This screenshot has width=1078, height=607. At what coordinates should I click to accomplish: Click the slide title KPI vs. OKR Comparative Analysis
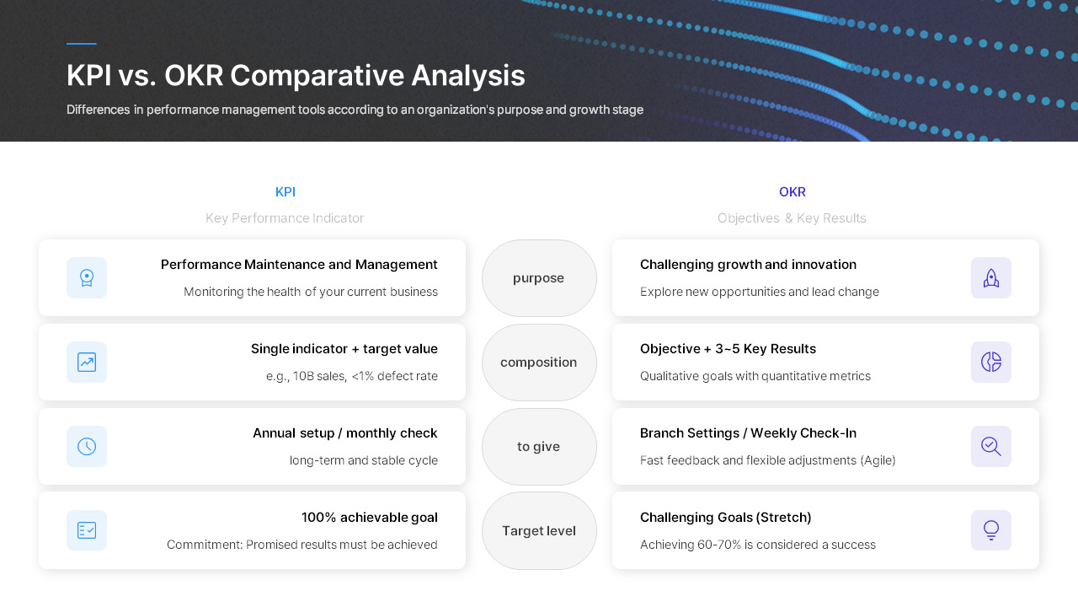tap(296, 76)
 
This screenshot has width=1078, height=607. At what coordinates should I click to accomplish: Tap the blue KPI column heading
tap(286, 192)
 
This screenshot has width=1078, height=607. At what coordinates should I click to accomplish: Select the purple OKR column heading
tap(792, 192)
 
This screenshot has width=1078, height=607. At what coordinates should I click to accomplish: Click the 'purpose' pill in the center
tap(539, 278)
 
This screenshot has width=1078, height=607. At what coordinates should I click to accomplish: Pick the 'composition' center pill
tap(539, 363)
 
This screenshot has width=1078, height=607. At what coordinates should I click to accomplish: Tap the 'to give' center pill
tap(539, 447)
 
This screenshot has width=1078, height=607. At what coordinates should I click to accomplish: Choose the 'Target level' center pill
tap(539, 531)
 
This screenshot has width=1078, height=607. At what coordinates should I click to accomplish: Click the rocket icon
tap(991, 278)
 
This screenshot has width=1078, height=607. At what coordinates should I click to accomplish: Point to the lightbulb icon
tap(991, 530)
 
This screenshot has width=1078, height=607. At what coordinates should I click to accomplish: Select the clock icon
tap(87, 447)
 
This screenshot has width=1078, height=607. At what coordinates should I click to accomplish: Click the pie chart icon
tap(991, 363)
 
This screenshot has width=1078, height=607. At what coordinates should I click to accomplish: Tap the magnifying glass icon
tap(991, 447)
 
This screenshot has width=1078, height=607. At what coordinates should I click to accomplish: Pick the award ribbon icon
tap(87, 278)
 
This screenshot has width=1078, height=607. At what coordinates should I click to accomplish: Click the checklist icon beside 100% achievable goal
tap(87, 530)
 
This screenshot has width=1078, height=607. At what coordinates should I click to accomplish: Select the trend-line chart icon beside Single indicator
tap(87, 363)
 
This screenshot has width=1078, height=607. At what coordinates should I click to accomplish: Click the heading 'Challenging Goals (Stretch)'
tap(725, 518)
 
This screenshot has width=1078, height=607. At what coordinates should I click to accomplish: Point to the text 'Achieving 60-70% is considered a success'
tap(757, 545)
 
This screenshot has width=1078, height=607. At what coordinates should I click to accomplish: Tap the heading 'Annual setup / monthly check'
tap(344, 433)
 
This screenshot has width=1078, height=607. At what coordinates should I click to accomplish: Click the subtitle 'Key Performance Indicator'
tap(285, 218)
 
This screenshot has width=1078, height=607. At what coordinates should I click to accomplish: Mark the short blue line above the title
tap(82, 44)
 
